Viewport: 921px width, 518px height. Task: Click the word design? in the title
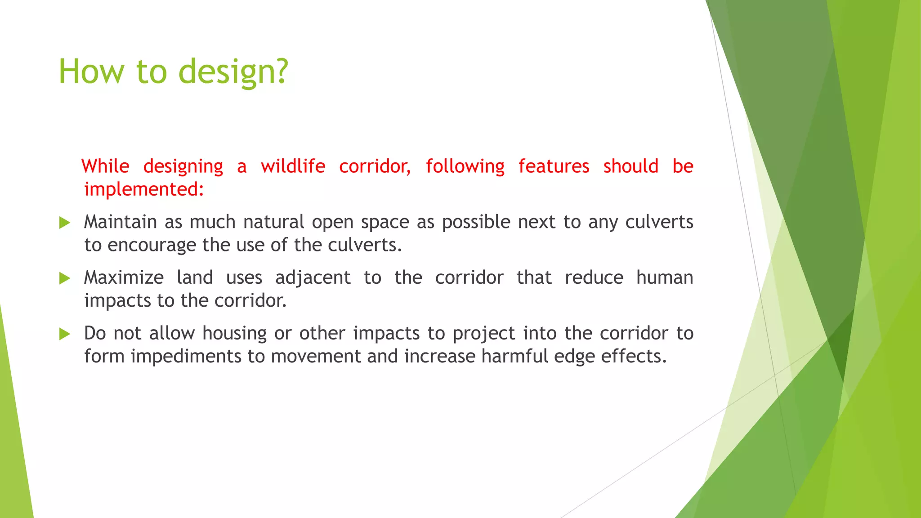[x=233, y=72]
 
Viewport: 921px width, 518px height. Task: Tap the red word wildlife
[x=293, y=166]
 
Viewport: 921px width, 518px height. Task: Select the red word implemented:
[x=144, y=189]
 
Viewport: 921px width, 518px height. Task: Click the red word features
[x=554, y=166]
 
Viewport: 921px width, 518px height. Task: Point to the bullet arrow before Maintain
[x=65, y=223]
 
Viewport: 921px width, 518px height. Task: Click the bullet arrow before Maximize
[x=65, y=278]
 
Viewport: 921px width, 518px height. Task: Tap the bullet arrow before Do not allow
[x=65, y=334]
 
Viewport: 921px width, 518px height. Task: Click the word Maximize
[x=124, y=277]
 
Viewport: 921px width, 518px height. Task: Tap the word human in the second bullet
[x=664, y=277]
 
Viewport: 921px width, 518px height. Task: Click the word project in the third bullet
[x=484, y=334]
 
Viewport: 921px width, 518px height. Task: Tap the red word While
[x=105, y=166]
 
